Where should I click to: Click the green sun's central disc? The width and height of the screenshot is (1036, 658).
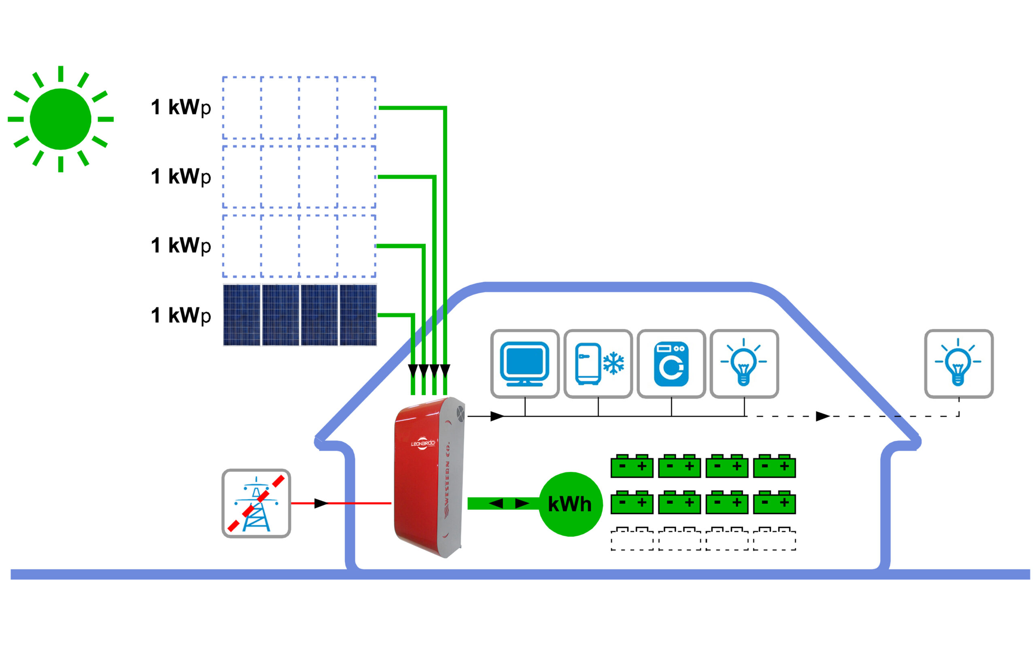[x=60, y=119]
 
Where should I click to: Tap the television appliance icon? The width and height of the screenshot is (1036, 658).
[x=524, y=364]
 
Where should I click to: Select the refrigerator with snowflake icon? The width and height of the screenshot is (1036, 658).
[x=598, y=364]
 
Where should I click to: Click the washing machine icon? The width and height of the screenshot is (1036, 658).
[x=671, y=364]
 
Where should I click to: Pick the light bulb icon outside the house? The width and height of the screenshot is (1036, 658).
[x=959, y=364]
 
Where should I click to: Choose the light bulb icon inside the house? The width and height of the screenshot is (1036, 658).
[x=744, y=364]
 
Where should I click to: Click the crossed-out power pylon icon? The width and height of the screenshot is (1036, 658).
[x=256, y=503]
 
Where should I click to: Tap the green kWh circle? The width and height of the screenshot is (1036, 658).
[x=570, y=504]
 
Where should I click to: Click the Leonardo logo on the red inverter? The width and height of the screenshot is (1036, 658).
[x=422, y=444]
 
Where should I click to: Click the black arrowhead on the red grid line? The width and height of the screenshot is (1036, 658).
[x=321, y=503]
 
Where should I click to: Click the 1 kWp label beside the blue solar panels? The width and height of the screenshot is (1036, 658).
[x=181, y=315]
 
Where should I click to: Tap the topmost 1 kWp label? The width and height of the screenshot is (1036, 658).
[x=181, y=107]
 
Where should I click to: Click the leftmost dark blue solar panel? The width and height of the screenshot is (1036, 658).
[x=242, y=315]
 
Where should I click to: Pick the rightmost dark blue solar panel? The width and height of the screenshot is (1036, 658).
[x=358, y=315]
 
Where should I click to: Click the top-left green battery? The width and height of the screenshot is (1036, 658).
[x=632, y=466]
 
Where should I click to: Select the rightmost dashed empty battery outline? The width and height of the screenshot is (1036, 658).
[x=774, y=539]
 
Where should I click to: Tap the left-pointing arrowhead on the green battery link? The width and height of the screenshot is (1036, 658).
[x=496, y=503]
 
